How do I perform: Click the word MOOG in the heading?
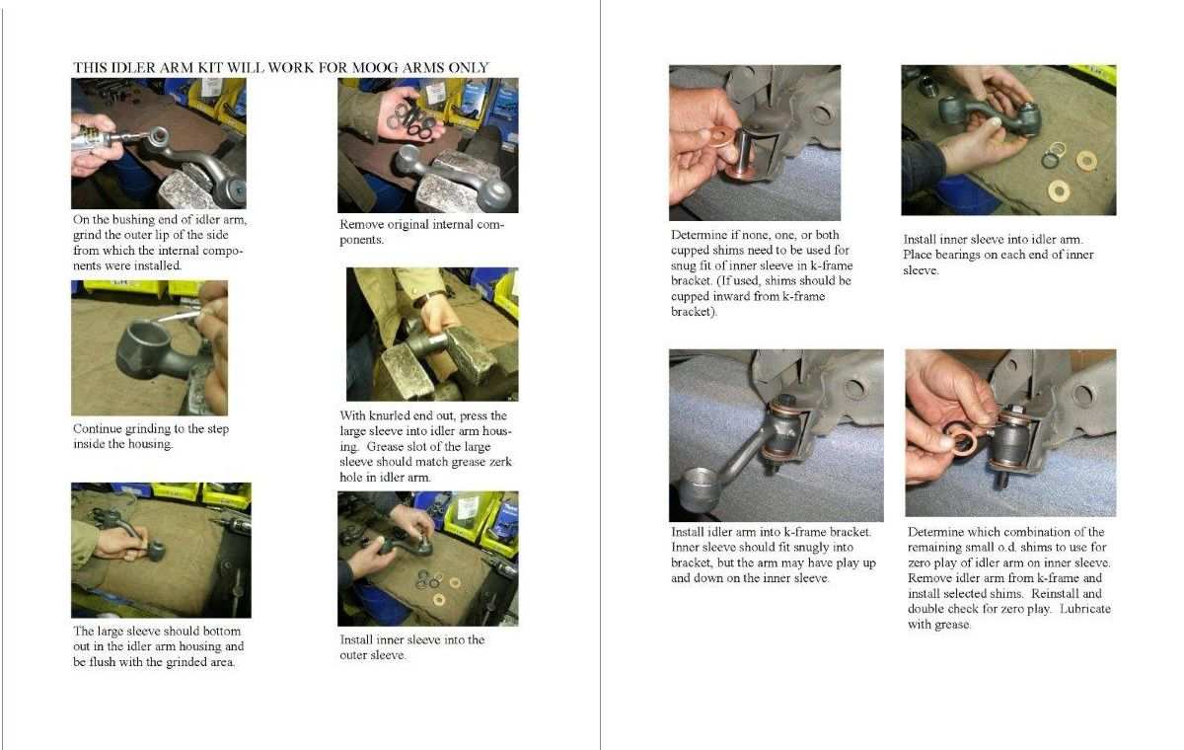(375, 68)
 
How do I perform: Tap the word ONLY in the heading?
(469, 68)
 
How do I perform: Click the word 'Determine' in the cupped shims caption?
(699, 235)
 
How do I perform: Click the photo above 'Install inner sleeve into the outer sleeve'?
(428, 559)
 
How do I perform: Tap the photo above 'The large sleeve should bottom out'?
(161, 551)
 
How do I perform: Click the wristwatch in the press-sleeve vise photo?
(425, 300)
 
